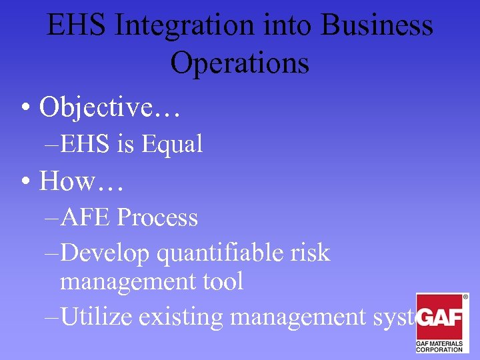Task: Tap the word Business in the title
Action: coord(377,27)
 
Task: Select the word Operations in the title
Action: coord(239,64)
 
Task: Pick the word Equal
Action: coord(172,144)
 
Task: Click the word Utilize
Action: coord(97,317)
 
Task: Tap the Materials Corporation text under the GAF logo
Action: coord(439,345)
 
